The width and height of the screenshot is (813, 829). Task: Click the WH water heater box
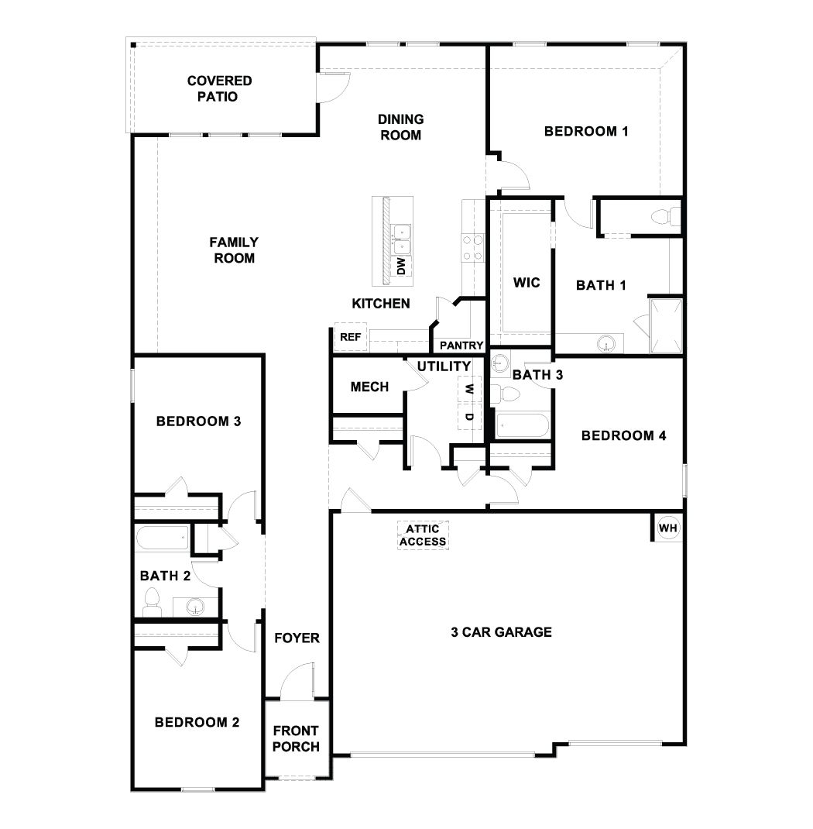[x=667, y=528]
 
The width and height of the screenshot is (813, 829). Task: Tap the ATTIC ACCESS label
[x=423, y=535]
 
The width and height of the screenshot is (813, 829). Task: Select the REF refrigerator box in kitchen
[x=350, y=337]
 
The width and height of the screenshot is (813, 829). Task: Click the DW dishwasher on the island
[x=401, y=267]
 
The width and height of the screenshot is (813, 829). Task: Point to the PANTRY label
[x=461, y=346]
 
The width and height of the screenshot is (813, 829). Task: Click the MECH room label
[x=369, y=387]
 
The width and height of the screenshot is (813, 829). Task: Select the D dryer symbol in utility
[x=468, y=417]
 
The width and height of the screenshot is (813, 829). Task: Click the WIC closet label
[x=527, y=282]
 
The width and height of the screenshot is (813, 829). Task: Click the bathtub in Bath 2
[x=162, y=537]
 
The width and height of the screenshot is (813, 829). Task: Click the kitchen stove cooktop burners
[x=473, y=248]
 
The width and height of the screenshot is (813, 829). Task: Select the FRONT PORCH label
[x=296, y=738]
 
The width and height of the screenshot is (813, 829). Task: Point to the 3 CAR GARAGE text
[x=501, y=632]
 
